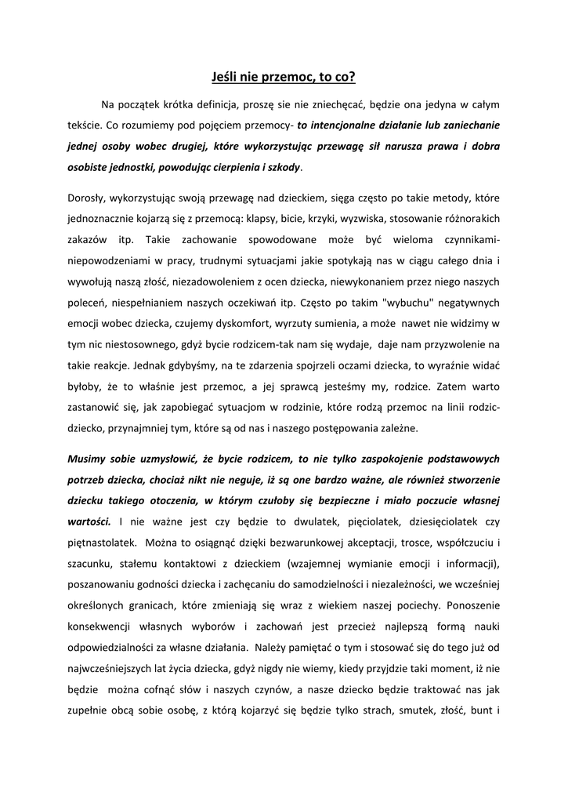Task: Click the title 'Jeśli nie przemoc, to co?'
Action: (284, 77)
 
